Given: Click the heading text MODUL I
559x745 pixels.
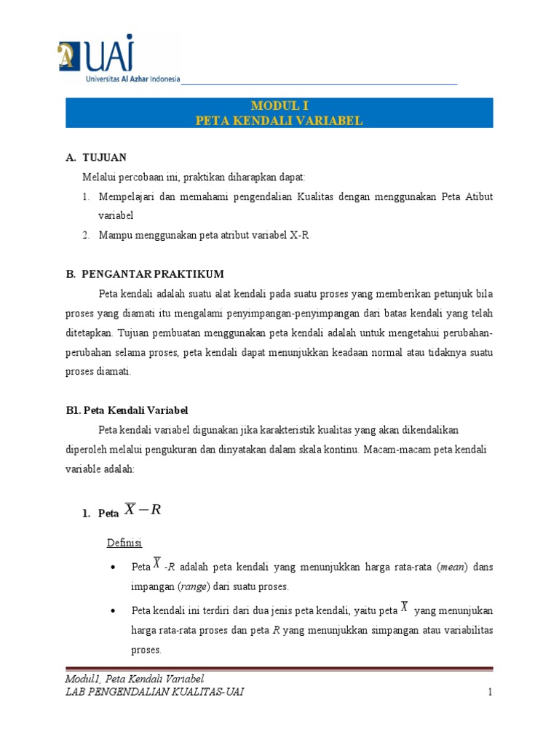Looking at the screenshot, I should click(x=279, y=106).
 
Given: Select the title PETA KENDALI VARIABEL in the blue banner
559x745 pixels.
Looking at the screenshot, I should click(x=279, y=120).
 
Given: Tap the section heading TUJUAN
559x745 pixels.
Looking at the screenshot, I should click(x=105, y=157).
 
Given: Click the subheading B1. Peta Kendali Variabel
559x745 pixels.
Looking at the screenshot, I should click(x=127, y=410).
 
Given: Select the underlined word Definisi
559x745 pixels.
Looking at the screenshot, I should click(x=124, y=543).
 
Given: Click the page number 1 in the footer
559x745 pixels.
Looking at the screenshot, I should click(x=490, y=691).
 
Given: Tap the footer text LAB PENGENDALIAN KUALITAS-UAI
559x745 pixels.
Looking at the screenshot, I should click(x=154, y=691).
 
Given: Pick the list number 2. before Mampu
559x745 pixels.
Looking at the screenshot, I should click(x=85, y=235).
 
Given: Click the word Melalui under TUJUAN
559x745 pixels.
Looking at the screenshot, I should click(x=99, y=177).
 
